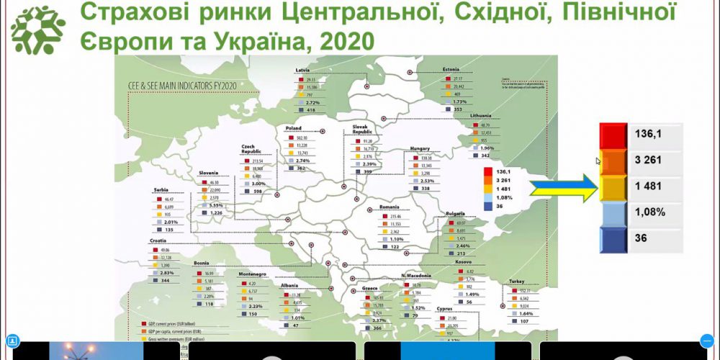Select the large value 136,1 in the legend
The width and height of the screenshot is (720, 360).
[x=648, y=134]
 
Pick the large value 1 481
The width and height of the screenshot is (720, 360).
[x=648, y=186]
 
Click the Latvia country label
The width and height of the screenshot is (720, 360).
[x=303, y=70]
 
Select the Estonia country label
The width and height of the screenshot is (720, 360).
[x=452, y=70]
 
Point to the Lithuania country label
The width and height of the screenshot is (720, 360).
[x=480, y=116]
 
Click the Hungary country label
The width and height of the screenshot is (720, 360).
[x=420, y=148]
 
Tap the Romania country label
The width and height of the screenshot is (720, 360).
[x=390, y=207]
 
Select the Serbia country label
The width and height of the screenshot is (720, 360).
[x=161, y=189]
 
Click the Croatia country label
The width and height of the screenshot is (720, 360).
[x=160, y=240]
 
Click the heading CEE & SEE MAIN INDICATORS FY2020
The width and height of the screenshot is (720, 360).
[x=178, y=85]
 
